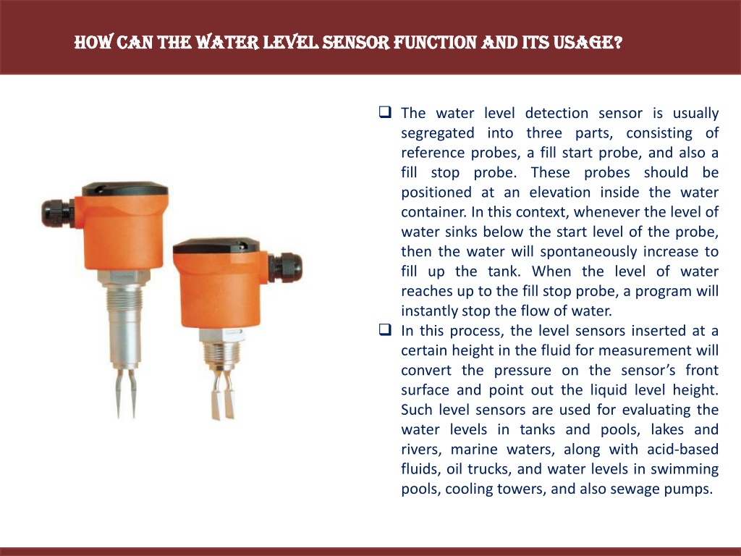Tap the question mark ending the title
[618, 43]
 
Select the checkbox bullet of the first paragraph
[385, 112]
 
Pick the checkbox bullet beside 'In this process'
[385, 329]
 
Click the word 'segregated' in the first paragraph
[438, 133]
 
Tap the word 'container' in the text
[433, 212]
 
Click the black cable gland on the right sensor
[285, 268]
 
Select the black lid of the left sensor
[125, 189]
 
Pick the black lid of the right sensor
[216, 246]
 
